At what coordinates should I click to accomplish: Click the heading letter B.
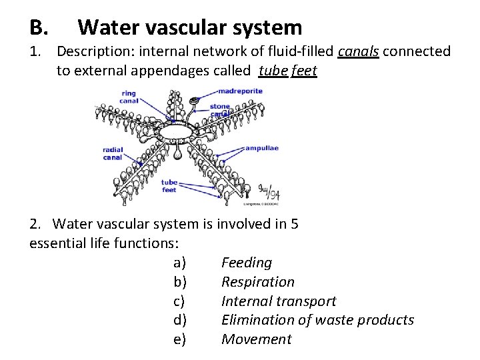[x=37, y=28]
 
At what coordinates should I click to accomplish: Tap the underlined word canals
[x=359, y=52]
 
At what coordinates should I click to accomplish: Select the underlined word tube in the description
[x=273, y=71]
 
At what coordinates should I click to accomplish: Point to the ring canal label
[x=129, y=97]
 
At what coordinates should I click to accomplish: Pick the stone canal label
[x=220, y=110]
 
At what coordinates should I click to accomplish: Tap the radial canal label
[x=113, y=153]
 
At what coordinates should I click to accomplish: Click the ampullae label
[x=261, y=148]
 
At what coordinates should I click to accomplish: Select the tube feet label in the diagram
[x=169, y=186]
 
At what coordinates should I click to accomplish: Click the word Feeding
[x=247, y=263]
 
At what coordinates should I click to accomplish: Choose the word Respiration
[x=257, y=282]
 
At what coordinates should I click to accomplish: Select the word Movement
[x=256, y=339]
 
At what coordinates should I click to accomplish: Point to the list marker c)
[x=179, y=301]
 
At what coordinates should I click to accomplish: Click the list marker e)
[x=179, y=339]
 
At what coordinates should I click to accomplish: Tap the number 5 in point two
[x=295, y=225]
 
